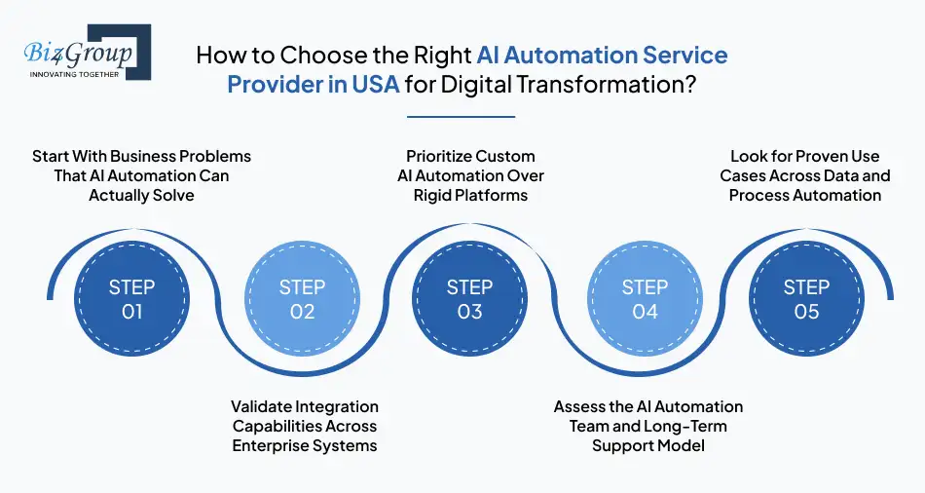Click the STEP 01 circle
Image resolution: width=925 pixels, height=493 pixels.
point(131,299)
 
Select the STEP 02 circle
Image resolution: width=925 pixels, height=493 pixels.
point(302,299)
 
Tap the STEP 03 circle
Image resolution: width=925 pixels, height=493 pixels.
point(470,299)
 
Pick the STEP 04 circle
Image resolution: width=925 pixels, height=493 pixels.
point(645,299)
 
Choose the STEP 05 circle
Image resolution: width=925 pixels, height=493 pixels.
point(806,299)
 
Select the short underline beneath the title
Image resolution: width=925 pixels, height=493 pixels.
point(461,117)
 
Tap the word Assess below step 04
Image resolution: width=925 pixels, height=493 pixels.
point(579,406)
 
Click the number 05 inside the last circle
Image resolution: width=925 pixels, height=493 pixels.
point(806,312)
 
